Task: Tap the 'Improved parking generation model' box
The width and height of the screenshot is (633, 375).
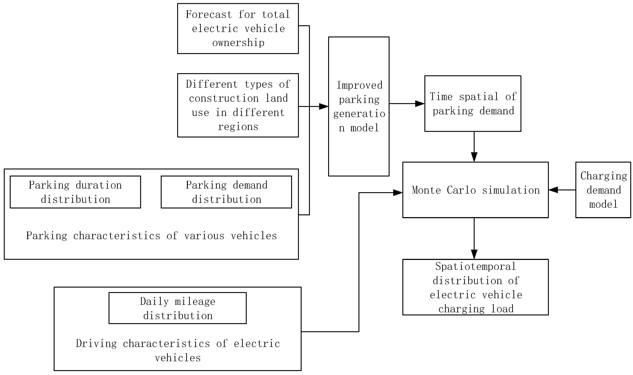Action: (x=358, y=106)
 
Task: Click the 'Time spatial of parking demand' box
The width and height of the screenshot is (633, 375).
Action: (x=473, y=104)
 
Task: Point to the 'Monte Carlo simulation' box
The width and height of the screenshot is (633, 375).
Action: (x=475, y=190)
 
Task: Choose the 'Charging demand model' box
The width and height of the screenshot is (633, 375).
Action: (x=603, y=190)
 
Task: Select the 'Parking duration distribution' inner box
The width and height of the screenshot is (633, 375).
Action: (x=75, y=192)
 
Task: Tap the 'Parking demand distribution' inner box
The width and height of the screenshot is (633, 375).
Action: (x=226, y=192)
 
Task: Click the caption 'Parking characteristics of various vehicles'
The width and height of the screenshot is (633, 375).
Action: (x=152, y=236)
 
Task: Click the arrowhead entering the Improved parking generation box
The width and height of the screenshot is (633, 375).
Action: (x=324, y=106)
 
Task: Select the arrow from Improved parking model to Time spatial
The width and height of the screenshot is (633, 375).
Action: (x=407, y=104)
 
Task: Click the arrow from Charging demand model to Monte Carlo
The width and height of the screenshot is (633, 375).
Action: (x=562, y=190)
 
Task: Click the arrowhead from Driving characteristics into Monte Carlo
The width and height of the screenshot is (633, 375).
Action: (x=398, y=193)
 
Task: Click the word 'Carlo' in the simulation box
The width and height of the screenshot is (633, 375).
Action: (x=461, y=190)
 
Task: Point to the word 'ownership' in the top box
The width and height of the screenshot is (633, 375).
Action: (x=238, y=43)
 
